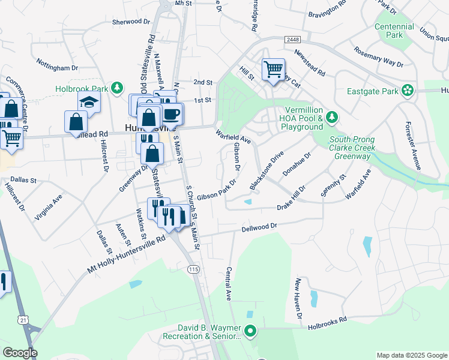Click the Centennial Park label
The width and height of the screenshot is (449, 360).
tap(394, 31)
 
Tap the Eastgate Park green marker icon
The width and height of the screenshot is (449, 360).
tap(409, 91)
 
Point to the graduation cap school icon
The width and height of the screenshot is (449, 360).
tap(89, 102)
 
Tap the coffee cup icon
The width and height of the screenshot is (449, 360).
tap(172, 113)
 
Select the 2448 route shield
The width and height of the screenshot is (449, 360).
tap(293, 40)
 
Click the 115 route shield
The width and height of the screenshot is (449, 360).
tap(193, 269)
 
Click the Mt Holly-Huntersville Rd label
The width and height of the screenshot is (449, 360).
tap(126, 256)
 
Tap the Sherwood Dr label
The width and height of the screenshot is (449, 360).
tap(131, 22)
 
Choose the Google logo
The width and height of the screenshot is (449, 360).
tap(20, 353)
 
